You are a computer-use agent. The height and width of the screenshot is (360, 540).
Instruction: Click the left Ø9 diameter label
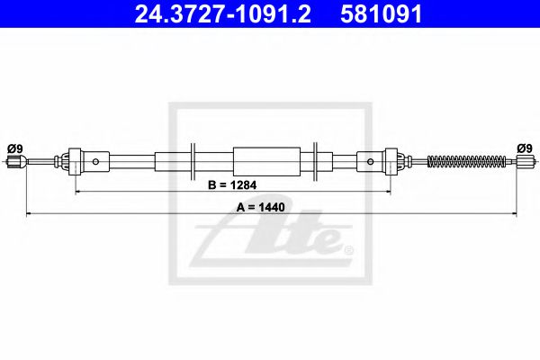[14, 148]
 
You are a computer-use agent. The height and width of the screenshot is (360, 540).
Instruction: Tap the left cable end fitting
[13, 162]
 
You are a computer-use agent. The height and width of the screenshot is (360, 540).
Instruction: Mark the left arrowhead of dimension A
[27, 214]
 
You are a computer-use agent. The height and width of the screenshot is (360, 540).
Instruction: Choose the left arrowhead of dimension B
[77, 193]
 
